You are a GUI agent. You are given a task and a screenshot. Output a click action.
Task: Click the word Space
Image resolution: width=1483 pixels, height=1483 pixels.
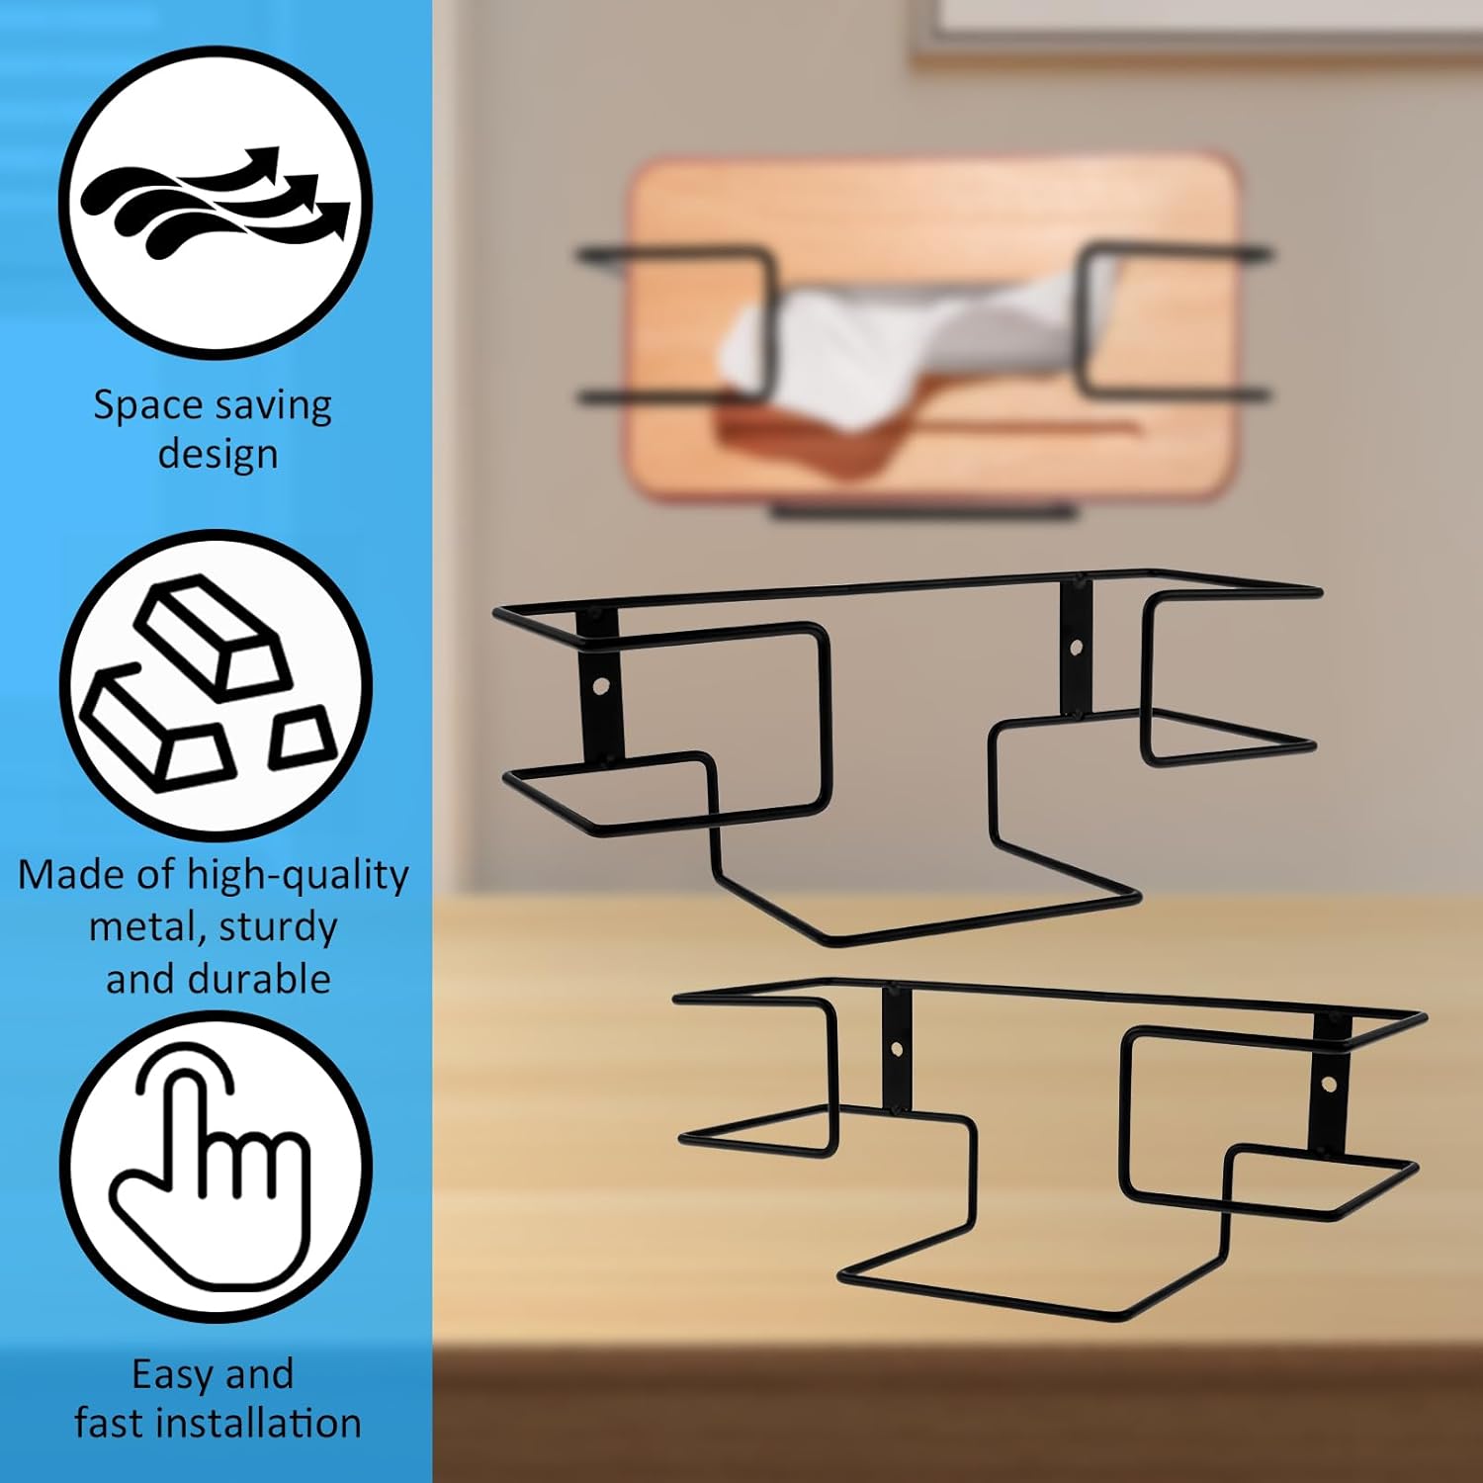(x=147, y=406)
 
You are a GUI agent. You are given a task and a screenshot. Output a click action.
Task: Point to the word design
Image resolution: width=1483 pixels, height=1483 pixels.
(x=218, y=454)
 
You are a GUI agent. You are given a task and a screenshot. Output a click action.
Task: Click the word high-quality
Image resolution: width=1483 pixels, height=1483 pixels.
(x=298, y=876)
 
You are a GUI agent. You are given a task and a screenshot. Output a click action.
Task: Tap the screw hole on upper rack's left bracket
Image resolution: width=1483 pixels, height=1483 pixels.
(x=600, y=685)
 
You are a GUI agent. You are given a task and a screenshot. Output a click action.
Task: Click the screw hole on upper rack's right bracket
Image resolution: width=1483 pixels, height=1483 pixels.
(x=1077, y=649)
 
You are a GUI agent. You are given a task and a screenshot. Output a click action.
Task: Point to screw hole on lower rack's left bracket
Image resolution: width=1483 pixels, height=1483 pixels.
(x=897, y=1048)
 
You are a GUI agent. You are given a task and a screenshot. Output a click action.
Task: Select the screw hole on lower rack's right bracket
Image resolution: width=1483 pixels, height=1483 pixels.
(x=1329, y=1085)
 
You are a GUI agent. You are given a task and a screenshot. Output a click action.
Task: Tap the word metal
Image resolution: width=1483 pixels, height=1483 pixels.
(x=146, y=927)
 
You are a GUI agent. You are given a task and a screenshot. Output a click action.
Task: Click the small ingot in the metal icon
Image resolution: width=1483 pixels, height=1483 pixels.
(x=303, y=737)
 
